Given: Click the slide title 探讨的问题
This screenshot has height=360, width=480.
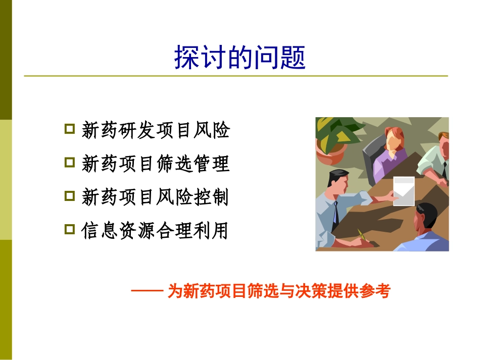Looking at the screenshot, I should coord(239,58).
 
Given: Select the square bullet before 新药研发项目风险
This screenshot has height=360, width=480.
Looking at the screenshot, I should coord(70,129).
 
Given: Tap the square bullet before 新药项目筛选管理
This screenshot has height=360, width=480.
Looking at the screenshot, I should coord(70,163).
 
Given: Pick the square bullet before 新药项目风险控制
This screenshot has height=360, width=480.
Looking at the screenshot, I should coord(70,196).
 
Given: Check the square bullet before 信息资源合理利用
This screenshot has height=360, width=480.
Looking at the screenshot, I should coord(70,230).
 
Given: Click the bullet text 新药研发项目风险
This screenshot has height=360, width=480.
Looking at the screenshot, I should coord(155,130).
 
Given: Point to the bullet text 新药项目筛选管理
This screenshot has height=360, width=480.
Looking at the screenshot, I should coord(155,164).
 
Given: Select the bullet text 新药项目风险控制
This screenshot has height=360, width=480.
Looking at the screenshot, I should coord(155,197).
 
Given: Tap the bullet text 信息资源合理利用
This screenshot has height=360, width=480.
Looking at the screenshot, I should coord(155,231).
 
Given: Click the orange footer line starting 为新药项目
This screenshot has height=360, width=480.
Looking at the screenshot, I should coord(279,292).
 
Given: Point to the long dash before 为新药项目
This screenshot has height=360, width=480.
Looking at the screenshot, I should coord(147,291).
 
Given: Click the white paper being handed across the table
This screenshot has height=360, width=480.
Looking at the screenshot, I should coord(404,191).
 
